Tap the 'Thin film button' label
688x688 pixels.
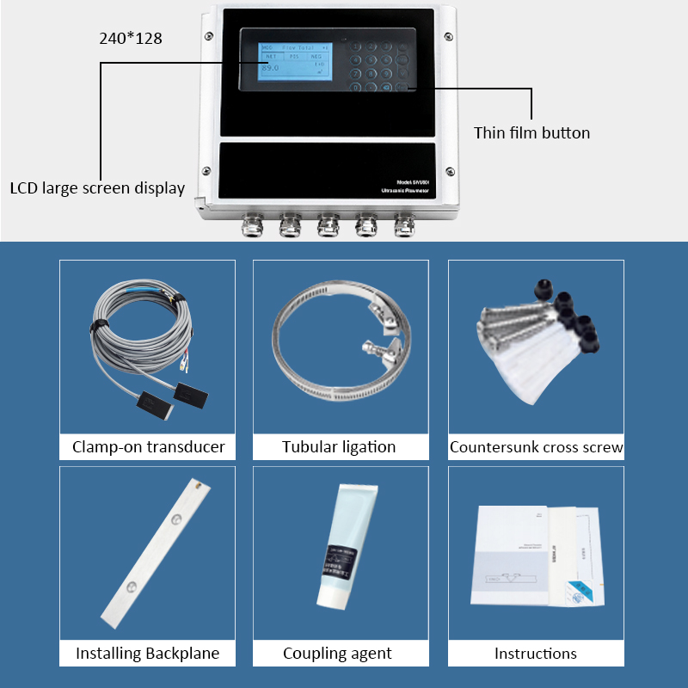531,133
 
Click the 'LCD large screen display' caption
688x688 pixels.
96,187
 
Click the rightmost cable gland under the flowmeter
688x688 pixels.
403,226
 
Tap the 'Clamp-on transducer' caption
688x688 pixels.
148,446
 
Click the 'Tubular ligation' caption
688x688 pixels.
339,446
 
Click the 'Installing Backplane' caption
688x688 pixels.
147,654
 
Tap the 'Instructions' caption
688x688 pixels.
535,654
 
